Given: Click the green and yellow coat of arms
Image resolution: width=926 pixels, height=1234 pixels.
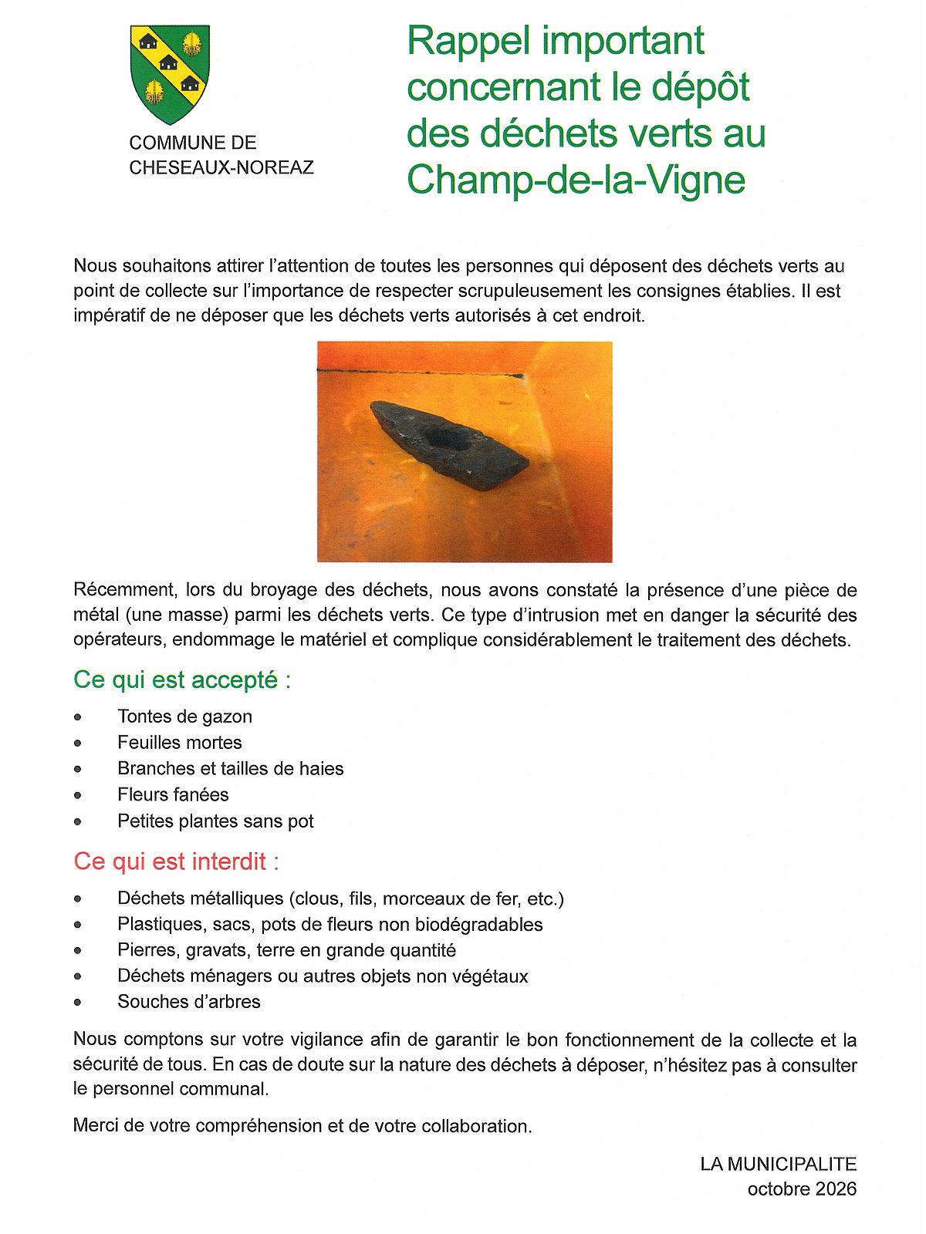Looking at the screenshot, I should [170, 73].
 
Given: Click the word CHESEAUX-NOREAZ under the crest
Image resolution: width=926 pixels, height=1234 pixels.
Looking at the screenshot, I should [221, 167].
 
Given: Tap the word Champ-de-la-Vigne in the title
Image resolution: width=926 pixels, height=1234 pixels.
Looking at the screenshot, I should [576, 179].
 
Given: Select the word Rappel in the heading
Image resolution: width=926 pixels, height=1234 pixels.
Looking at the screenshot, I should [468, 41].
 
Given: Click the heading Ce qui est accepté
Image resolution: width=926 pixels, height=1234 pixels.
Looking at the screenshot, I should [182, 679].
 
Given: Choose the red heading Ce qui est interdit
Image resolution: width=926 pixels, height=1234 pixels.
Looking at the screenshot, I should [176, 861].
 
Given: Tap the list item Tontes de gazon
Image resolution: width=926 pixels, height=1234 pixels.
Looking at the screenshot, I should [184, 716].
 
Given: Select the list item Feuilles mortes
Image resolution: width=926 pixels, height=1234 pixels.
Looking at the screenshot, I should [179, 742].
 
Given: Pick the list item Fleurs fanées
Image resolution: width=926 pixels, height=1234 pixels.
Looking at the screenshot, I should [173, 794].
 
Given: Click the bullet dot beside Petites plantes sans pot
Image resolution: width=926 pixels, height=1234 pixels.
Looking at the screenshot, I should [78, 821].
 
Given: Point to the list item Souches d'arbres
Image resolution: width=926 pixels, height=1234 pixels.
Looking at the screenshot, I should [188, 1001].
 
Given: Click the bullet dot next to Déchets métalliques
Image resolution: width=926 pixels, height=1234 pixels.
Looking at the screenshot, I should [78, 899].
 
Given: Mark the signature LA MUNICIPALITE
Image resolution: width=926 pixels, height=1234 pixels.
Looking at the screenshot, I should [778, 1164].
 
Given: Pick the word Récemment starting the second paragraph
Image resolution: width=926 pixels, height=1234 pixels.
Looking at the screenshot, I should [123, 590].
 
